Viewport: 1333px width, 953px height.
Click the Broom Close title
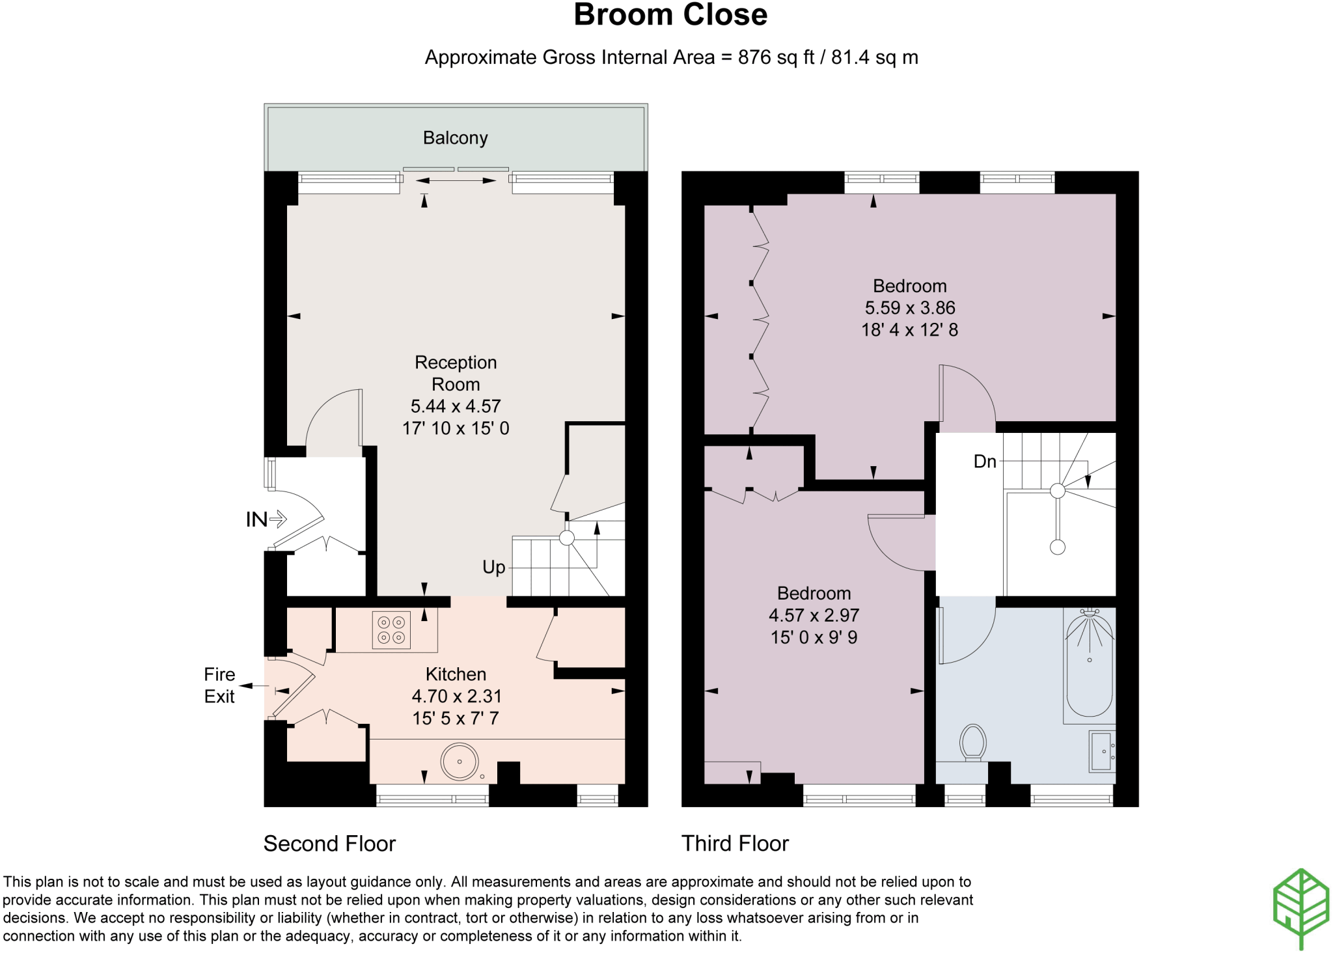(x=670, y=15)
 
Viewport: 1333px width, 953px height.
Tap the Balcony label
(x=455, y=138)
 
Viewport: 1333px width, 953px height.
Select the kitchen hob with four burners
(x=391, y=630)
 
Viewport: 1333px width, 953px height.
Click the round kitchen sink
(x=460, y=761)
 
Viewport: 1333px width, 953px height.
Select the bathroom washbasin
(x=1103, y=751)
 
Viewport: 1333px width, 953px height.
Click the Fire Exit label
(x=219, y=685)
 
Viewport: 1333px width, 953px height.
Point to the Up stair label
(x=494, y=568)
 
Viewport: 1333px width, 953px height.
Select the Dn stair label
(x=985, y=462)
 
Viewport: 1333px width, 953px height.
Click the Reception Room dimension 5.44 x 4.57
(x=456, y=406)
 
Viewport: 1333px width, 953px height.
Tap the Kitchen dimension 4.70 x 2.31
(x=457, y=697)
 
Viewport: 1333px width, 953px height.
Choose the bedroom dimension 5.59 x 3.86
(x=910, y=308)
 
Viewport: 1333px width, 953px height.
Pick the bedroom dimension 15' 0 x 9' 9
(x=814, y=637)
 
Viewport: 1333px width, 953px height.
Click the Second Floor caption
(x=329, y=844)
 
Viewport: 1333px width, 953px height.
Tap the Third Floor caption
(x=735, y=844)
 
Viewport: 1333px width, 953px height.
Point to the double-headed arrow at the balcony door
(x=455, y=181)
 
